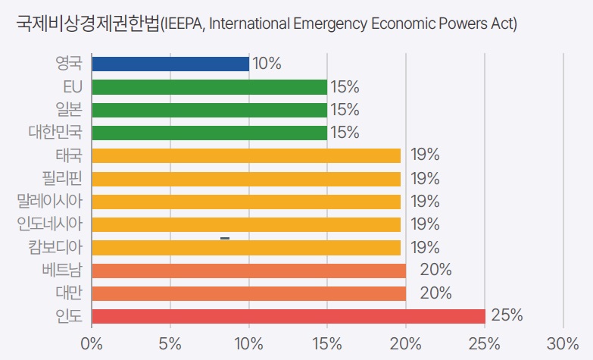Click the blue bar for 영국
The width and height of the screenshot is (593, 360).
[170, 64]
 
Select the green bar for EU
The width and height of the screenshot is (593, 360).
[209, 86]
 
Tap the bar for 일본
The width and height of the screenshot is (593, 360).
[209, 110]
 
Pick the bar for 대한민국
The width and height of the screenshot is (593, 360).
[209, 133]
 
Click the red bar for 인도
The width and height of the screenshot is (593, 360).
[288, 316]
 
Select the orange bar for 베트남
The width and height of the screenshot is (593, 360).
[248, 271]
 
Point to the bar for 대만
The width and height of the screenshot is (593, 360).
[248, 293]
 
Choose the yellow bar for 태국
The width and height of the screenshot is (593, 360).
[246, 155]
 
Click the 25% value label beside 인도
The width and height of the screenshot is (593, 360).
[507, 316]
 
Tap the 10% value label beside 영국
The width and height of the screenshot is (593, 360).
[266, 64]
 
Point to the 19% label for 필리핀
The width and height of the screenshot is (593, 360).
[425, 179]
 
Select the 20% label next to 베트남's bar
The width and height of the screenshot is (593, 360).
[435, 271]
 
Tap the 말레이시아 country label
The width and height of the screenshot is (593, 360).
[50, 202]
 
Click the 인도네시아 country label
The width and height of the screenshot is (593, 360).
[50, 224]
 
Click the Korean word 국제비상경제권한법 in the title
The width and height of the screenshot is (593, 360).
[87, 23]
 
